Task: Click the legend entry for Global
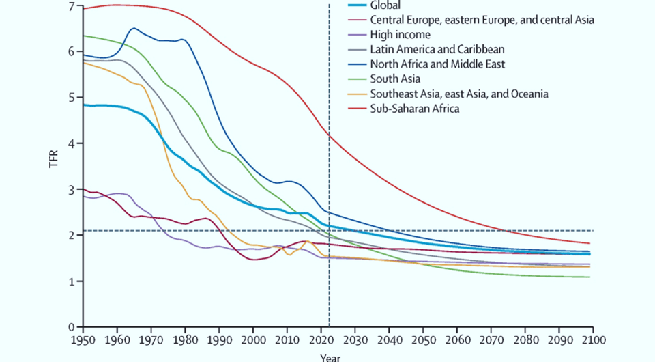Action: pyautogui.click(x=385, y=5)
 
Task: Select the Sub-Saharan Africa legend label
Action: pyautogui.click(x=414, y=108)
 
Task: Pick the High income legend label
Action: pyautogui.click(x=400, y=34)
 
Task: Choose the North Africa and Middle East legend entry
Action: pyautogui.click(x=437, y=64)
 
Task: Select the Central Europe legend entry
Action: pyautogui.click(x=482, y=20)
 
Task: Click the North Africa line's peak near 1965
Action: pyautogui.click(x=134, y=28)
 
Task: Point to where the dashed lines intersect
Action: pyautogui.click(x=330, y=230)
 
